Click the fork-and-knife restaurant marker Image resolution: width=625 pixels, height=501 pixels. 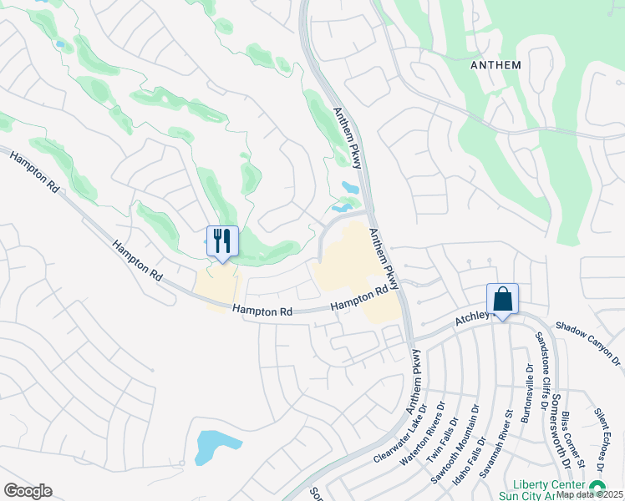[x=222, y=242]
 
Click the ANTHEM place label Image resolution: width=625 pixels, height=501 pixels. [x=495, y=64]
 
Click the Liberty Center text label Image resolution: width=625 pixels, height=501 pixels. [x=551, y=485]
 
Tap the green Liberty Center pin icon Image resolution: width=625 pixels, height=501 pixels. [x=597, y=487]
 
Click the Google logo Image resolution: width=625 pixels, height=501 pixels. [x=28, y=491]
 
